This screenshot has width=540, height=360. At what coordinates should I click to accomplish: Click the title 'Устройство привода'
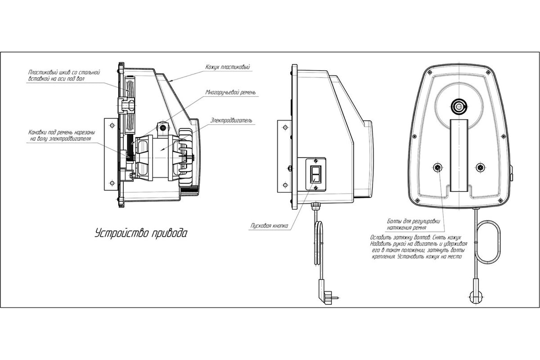tap(141, 233)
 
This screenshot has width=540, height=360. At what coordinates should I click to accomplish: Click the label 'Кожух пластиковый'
tap(228, 67)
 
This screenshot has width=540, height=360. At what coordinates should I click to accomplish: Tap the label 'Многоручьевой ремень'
tap(230, 92)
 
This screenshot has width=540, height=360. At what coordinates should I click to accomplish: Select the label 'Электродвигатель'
tap(231, 120)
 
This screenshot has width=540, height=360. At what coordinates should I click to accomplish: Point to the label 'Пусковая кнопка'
tap(269, 226)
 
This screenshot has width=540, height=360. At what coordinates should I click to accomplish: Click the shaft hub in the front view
tap(459, 106)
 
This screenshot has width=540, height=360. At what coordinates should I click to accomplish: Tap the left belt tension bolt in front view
tap(437, 167)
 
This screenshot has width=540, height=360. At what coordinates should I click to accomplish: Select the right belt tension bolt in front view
tap(481, 167)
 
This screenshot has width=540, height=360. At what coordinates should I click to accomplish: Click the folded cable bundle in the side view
tap(319, 243)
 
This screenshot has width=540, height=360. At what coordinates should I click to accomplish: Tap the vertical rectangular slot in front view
tap(459, 155)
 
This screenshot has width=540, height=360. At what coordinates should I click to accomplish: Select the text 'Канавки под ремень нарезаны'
tap(62, 132)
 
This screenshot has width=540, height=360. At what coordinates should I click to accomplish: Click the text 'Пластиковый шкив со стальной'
tap(64, 72)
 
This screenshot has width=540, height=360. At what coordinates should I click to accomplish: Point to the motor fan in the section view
tap(185, 157)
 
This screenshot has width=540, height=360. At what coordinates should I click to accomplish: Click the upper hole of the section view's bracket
tap(112, 126)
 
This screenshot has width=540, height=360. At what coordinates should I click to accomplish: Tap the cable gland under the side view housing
tap(315, 206)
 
